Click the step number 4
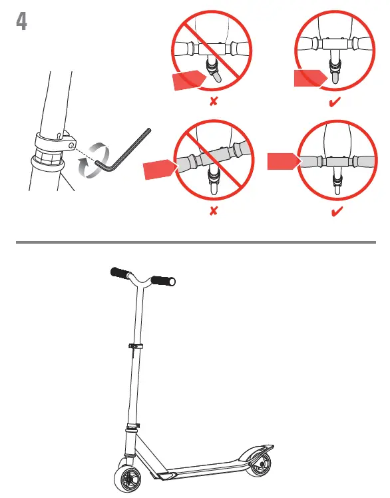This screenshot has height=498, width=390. click(21, 22)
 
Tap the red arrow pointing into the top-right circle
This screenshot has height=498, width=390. click(311, 79)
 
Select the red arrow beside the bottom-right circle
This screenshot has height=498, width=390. click(282, 160)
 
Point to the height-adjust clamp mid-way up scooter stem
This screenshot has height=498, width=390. click(134, 346)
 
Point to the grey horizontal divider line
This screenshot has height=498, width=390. click(194, 242)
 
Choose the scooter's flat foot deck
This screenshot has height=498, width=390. click(200, 468)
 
